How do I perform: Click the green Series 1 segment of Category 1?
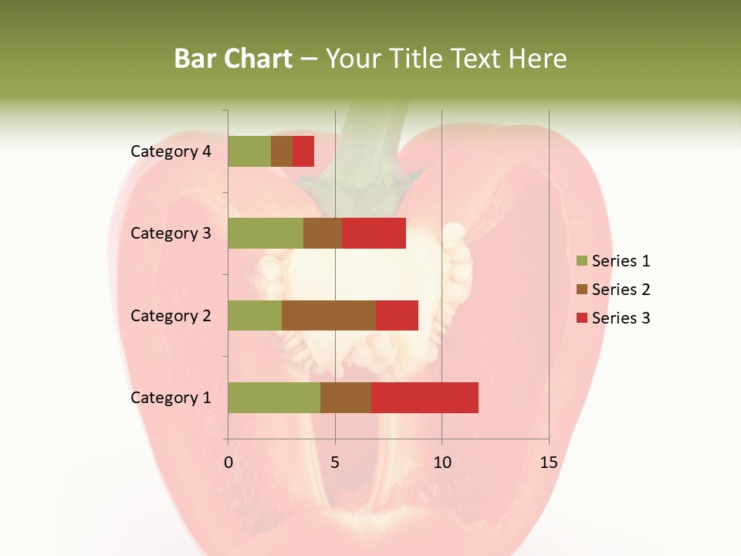tap(274, 398)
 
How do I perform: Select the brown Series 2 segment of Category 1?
tap(346, 398)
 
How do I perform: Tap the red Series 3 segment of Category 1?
tap(425, 398)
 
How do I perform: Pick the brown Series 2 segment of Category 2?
tap(329, 315)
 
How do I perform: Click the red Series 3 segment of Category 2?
tap(397, 315)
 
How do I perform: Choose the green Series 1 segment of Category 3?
tap(266, 233)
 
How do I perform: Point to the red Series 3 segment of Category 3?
tap(374, 233)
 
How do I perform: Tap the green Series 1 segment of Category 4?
tap(249, 151)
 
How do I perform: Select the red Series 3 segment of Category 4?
tap(303, 151)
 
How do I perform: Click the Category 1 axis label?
tap(171, 398)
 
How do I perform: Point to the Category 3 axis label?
tap(171, 233)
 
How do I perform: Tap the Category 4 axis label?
tap(171, 151)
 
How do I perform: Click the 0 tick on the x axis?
tap(228, 463)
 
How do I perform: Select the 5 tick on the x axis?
tap(335, 463)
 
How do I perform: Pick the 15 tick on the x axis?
tap(548, 463)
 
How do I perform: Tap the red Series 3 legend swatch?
tap(581, 318)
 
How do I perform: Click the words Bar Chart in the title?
tap(233, 59)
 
